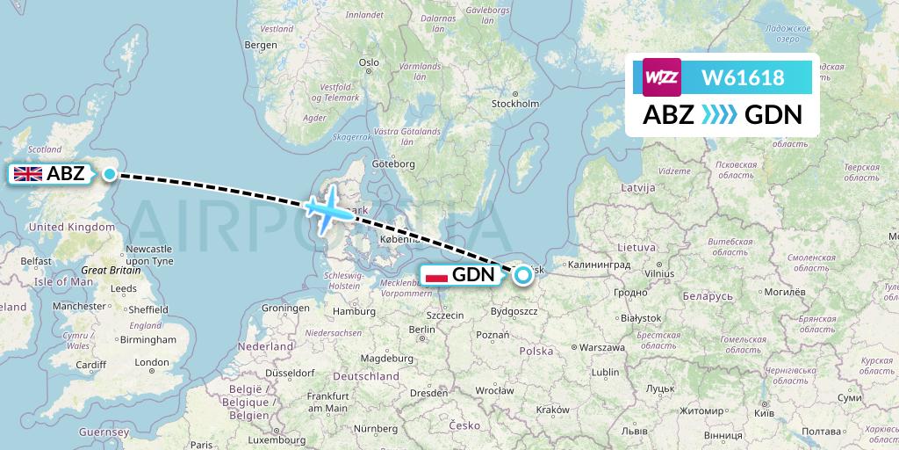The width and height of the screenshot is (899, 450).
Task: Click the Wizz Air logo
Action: point(662,77)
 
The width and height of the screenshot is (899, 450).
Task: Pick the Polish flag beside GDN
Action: point(436,275)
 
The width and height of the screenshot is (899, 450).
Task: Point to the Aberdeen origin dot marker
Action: point(109,174)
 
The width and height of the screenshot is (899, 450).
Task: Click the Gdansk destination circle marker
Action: point(523,274)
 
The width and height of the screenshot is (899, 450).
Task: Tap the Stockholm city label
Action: point(514,103)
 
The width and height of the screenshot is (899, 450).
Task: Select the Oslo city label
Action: point(369,62)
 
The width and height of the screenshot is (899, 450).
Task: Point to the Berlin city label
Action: point(422,330)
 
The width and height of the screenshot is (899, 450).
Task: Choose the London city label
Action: point(151,362)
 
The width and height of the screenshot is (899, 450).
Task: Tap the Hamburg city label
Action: point(353,310)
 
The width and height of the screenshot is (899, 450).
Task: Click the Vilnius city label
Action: point(658,273)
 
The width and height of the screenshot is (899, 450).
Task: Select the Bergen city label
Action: point(261,45)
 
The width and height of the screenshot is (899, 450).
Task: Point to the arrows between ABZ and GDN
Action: point(720,115)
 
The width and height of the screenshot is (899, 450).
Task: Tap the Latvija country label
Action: point(637,188)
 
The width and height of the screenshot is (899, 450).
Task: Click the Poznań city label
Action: point(493,335)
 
